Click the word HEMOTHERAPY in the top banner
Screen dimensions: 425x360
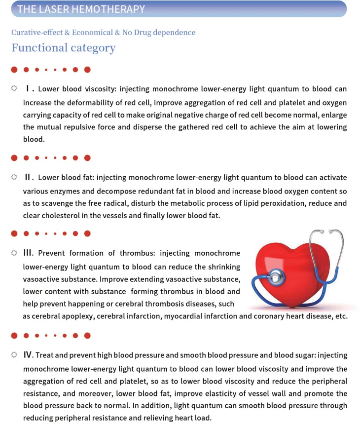(114, 9)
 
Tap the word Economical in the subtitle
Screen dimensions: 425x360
(92, 33)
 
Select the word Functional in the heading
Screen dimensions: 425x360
(39, 48)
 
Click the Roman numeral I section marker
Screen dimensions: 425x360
(30, 89)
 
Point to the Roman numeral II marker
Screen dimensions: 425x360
(29, 177)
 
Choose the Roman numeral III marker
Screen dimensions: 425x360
(29, 253)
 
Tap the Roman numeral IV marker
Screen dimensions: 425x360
(29, 355)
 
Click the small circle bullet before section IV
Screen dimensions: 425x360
(14, 355)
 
